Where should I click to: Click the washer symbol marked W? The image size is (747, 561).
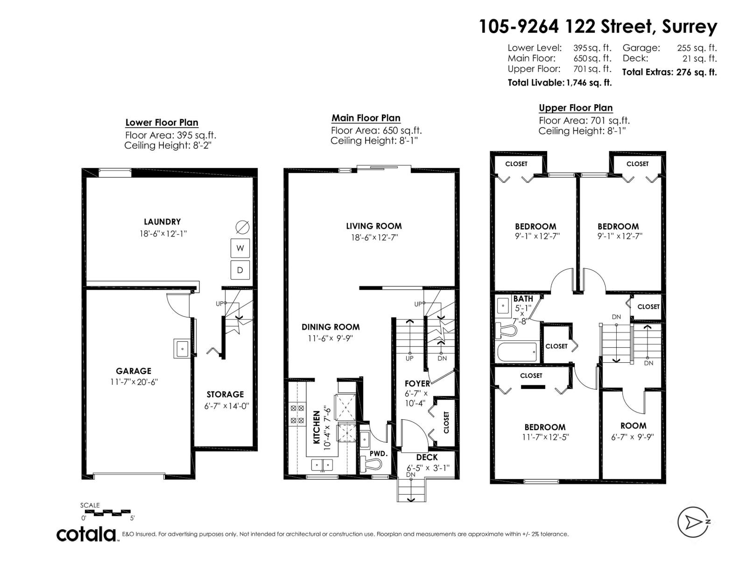pos(240,248)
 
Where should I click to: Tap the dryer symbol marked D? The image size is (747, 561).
pos(240,270)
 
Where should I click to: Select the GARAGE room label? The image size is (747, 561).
pos(134,371)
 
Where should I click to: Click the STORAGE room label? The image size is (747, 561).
pos(225,395)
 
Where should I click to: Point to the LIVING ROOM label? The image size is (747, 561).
pos(373,226)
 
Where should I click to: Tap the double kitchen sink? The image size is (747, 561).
pos(322,465)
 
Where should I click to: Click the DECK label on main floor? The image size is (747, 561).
pos(427,457)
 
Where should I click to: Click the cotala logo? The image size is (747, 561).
pos(87,534)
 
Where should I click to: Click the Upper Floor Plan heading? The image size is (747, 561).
pos(576,108)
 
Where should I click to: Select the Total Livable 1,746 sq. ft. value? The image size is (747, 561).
pos(588,83)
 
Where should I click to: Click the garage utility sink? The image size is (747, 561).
pos(182,348)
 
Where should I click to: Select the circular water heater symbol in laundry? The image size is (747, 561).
pos(242,227)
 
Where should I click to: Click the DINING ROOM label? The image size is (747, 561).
pos(331,327)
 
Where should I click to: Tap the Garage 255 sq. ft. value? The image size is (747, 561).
pos(697,48)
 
